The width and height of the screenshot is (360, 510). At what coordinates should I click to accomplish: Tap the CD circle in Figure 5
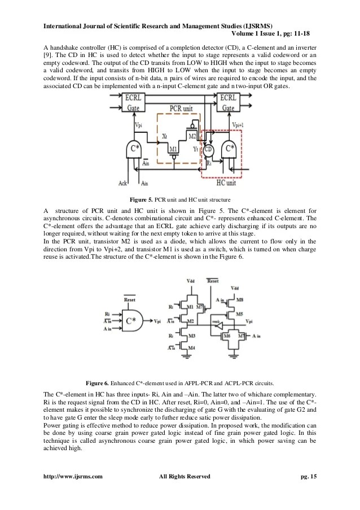point(209,150)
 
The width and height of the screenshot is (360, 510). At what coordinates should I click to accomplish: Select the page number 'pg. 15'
point(309,477)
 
